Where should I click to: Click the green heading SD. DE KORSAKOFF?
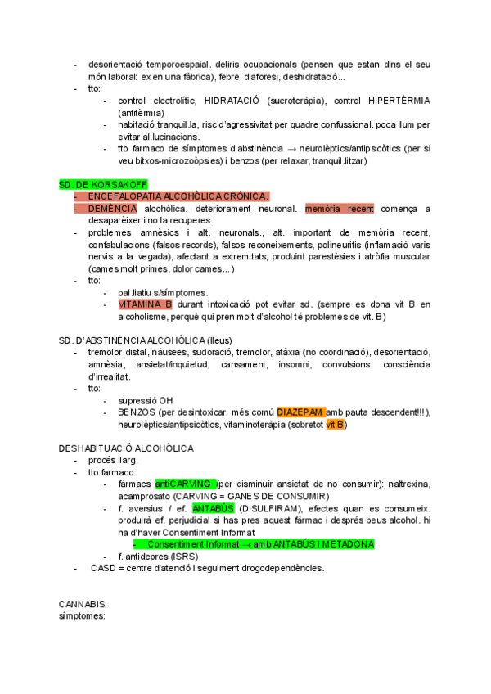pyautogui.click(x=97, y=184)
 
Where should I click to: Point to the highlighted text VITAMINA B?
pyautogui.click(x=145, y=304)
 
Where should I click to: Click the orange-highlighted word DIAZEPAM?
pyautogui.click(x=301, y=412)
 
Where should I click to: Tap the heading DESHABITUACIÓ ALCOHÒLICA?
pyautogui.click(x=126, y=448)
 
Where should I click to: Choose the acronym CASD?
pyautogui.click(x=103, y=568)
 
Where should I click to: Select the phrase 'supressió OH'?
pyautogui.click(x=146, y=400)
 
